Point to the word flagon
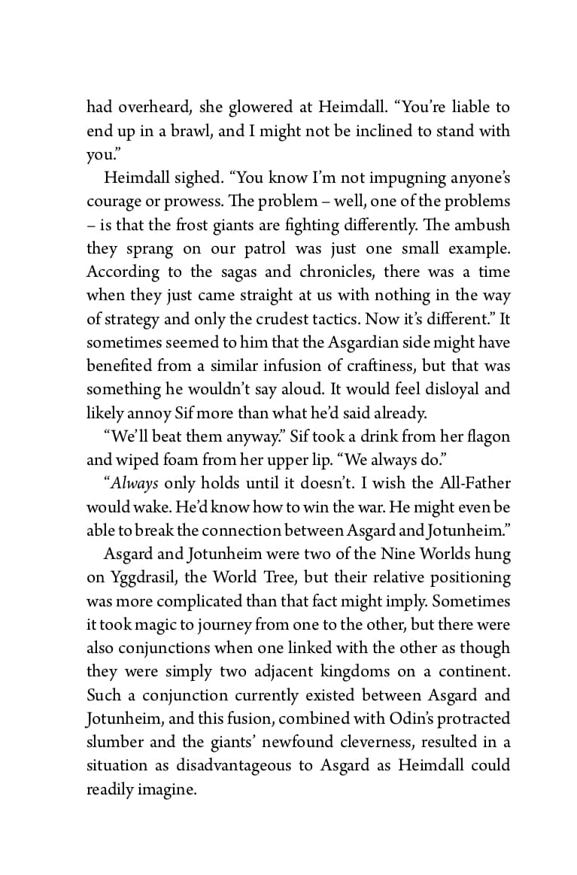pos(485,436)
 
